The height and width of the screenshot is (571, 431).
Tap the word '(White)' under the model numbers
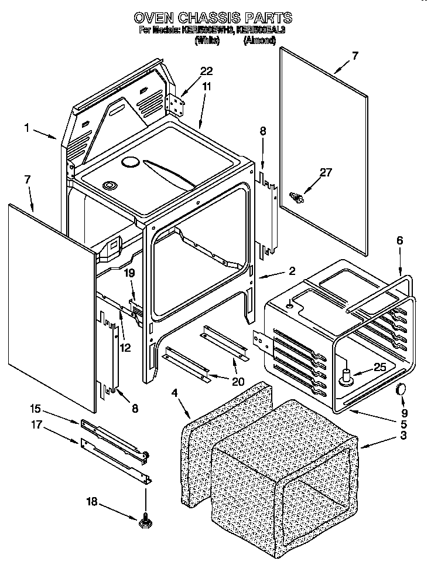point(207,40)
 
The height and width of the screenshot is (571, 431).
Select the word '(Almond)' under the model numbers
point(259,40)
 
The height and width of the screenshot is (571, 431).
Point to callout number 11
point(206,86)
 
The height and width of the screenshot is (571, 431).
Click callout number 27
point(326,172)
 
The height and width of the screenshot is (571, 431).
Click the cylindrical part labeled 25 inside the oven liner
point(346,377)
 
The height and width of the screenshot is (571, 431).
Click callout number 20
point(238,380)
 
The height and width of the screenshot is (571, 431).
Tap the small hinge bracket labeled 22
point(176,104)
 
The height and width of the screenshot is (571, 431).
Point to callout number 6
point(400,240)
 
